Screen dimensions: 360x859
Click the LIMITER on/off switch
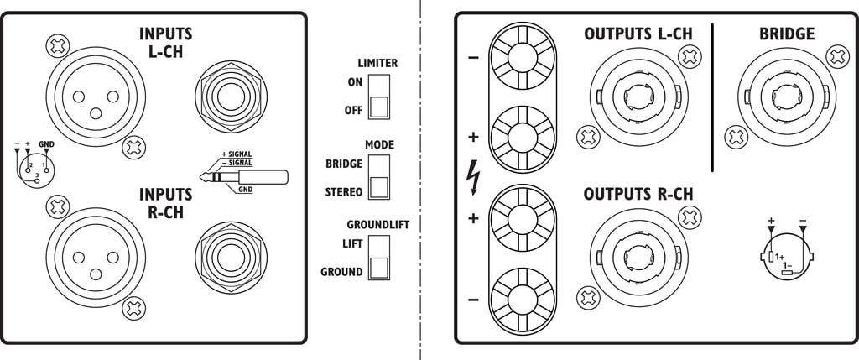pos(379,97)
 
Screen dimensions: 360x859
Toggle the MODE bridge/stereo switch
pos(379,176)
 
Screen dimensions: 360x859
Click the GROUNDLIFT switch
pos(379,257)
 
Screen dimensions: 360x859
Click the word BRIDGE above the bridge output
pos(786,34)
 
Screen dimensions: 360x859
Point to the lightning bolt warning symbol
pos(475,176)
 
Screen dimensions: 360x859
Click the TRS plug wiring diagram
pos(243,177)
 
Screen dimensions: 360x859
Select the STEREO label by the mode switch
pos(343,192)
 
